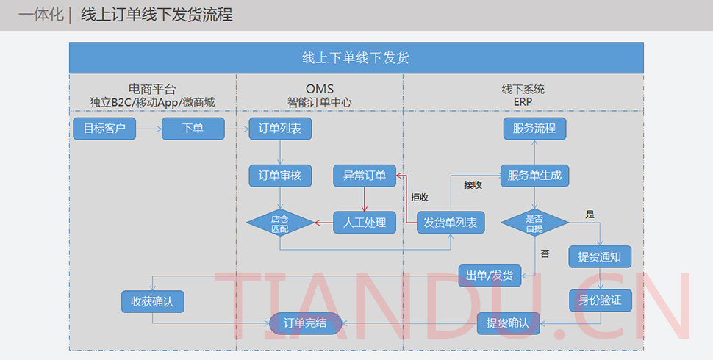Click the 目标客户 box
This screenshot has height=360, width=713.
point(104,129)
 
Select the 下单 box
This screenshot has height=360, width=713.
point(193,129)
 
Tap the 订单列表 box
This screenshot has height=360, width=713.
point(280,129)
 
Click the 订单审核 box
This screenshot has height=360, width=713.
point(280,176)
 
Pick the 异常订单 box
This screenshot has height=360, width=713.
point(365,176)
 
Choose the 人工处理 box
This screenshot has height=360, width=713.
point(365,223)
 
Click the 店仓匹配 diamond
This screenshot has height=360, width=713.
point(280,223)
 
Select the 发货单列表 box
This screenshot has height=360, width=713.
point(451,223)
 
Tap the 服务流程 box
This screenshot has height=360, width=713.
point(534,129)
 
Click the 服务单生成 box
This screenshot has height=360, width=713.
point(534,176)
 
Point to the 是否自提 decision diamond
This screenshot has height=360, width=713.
point(534,223)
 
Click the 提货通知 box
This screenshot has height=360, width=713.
point(600,256)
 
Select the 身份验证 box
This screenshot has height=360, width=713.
point(600,300)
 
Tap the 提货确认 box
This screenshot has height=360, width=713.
point(508,323)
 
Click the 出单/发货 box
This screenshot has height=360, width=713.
point(490,276)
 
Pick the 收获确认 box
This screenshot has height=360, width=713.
point(152,301)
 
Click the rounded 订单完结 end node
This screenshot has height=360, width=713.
point(304,323)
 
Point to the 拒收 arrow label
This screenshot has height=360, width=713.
point(420,197)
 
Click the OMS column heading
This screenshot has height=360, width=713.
point(320,90)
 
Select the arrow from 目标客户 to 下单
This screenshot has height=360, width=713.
point(148,129)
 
